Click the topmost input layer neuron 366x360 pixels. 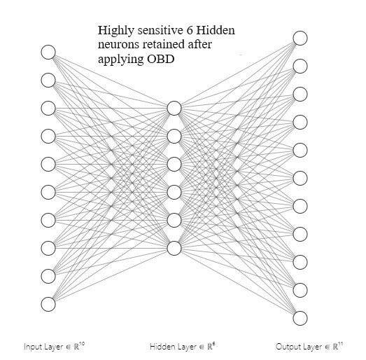[x=48, y=52]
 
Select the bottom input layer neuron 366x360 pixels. [x=48, y=304]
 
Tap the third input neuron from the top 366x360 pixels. [x=48, y=108]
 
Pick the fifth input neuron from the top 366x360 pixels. [x=48, y=164]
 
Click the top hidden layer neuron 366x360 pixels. [x=174, y=108]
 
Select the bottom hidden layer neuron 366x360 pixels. [x=174, y=248]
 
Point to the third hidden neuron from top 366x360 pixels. [x=174, y=164]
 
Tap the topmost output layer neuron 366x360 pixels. [x=300, y=38]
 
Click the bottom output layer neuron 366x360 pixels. [x=300, y=318]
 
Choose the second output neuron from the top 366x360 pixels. [x=300, y=66]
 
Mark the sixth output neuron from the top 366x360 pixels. [x=300, y=178]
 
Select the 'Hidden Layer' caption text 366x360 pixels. [x=172, y=347]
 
